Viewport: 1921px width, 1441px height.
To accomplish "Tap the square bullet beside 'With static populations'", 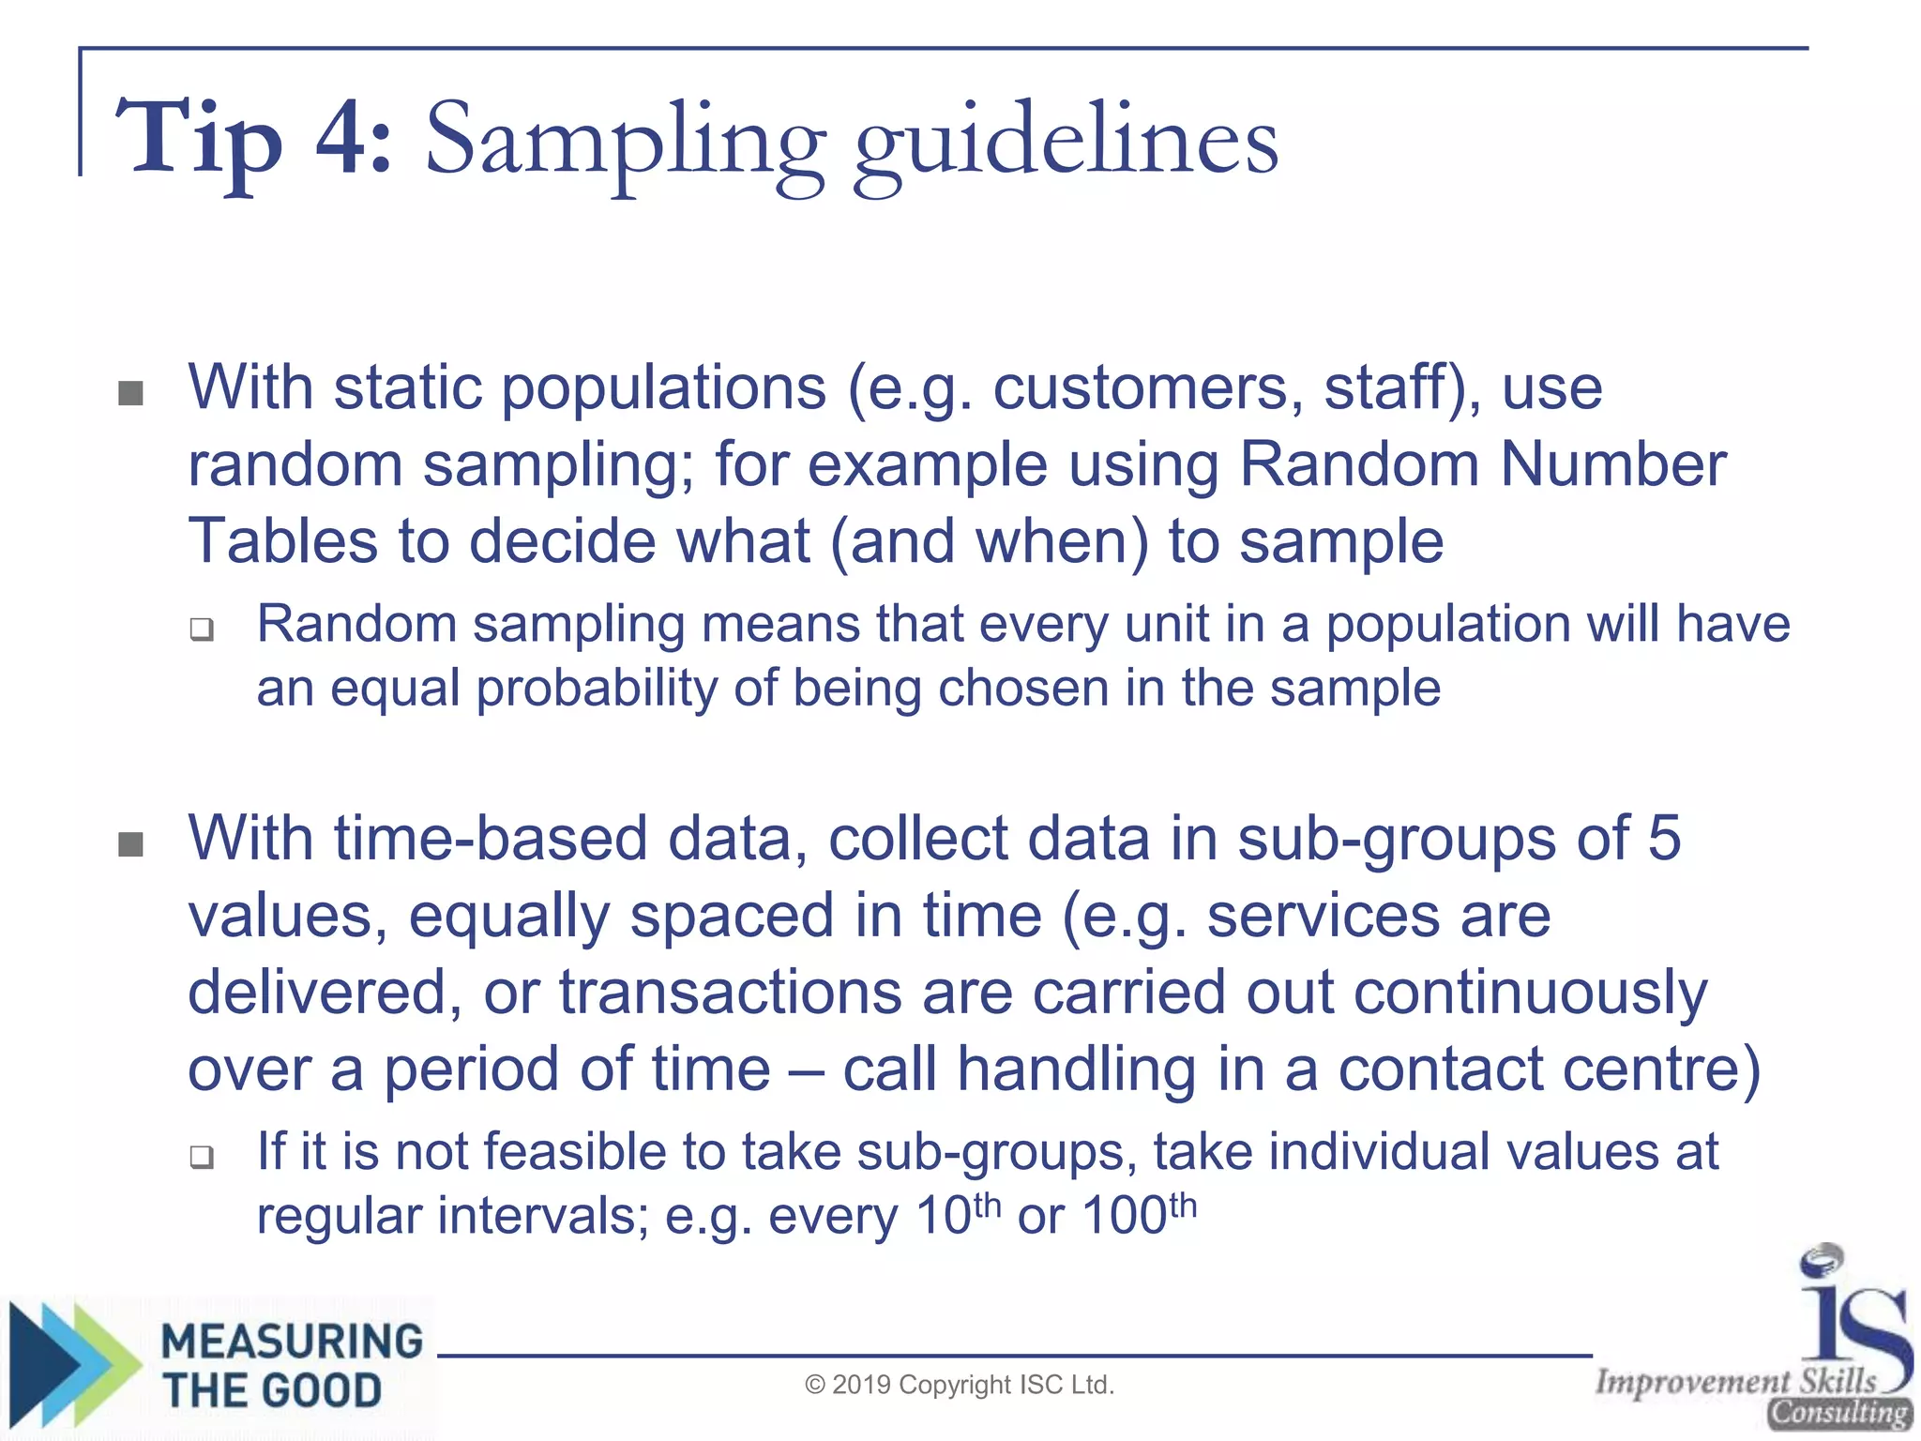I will tap(131, 393).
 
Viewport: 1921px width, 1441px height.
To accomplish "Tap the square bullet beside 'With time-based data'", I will tap(131, 844).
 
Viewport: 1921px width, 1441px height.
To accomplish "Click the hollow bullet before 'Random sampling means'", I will tap(202, 629).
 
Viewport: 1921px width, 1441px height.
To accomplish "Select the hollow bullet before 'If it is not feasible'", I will tap(202, 1157).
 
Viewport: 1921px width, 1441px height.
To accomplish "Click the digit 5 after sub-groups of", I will tap(1664, 837).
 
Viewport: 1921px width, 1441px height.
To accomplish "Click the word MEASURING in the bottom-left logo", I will tap(292, 1341).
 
